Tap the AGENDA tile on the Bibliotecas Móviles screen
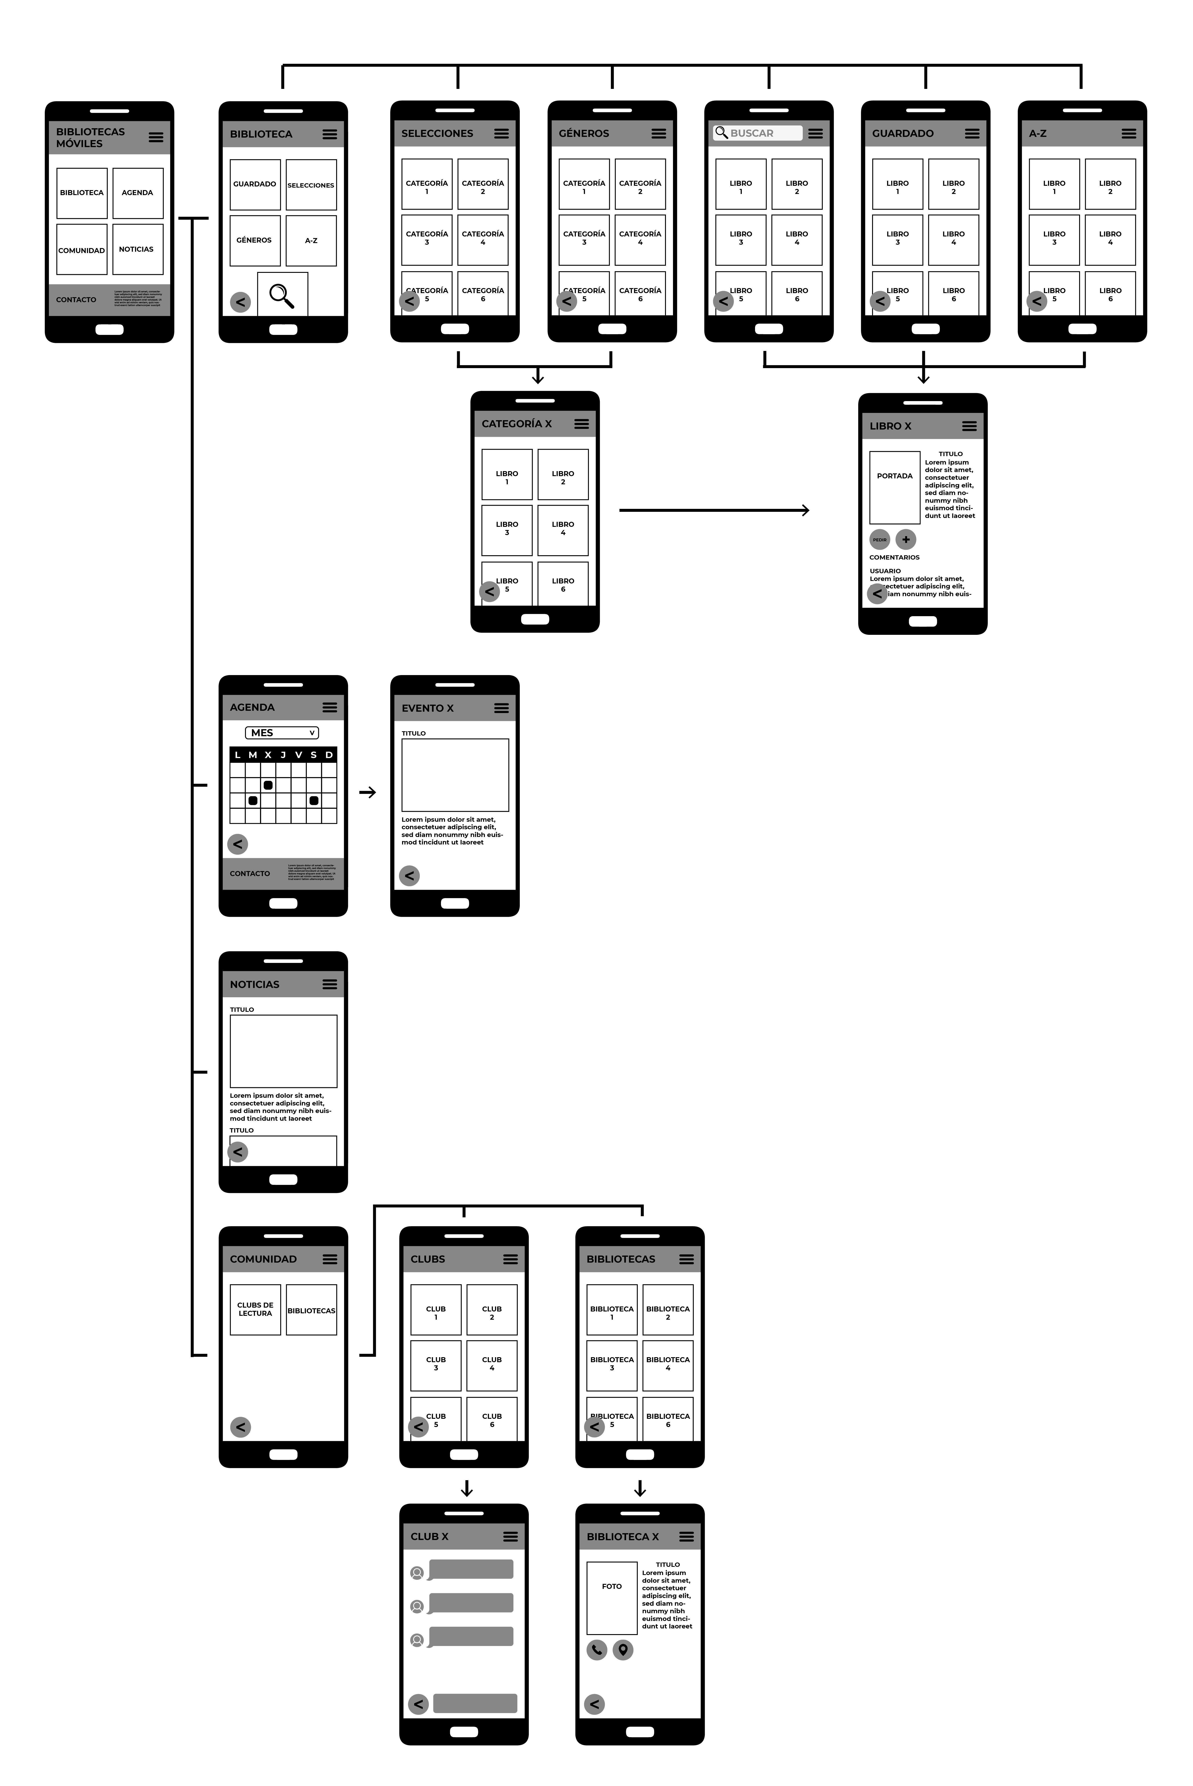(x=138, y=193)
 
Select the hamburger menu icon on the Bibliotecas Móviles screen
(x=156, y=137)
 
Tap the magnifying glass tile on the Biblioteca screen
(x=282, y=294)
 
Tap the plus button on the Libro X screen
(x=905, y=540)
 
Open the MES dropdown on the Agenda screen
(x=282, y=733)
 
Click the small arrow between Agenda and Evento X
(x=368, y=792)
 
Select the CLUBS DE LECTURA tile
(x=255, y=1310)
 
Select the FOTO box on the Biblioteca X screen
(x=612, y=1598)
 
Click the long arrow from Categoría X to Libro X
(x=714, y=510)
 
